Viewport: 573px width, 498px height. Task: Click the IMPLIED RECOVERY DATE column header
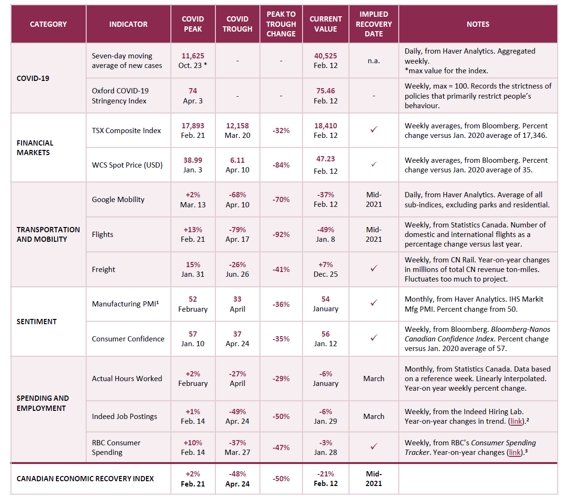tap(373, 24)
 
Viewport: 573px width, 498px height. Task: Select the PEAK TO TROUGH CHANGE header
tap(281, 24)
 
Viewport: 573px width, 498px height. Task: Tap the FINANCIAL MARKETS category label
tap(35, 147)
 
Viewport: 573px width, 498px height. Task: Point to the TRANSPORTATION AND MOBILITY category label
tap(48, 234)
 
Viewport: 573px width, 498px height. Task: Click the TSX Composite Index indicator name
tap(126, 130)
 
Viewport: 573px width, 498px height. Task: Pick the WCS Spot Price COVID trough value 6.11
tap(237, 160)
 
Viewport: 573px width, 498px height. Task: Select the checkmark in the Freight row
tap(374, 269)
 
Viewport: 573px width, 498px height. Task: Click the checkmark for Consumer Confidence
tap(374, 338)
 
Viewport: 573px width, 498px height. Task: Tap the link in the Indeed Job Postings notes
tap(516, 421)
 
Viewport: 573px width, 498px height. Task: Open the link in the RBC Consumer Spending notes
tap(515, 453)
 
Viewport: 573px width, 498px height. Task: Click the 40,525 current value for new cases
tap(326, 56)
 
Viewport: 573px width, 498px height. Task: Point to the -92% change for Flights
tap(281, 234)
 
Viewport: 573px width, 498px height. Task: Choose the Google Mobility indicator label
tap(118, 199)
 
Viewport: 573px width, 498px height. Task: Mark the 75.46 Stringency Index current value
tap(326, 91)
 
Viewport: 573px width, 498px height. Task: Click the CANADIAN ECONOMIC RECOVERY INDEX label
tap(85, 478)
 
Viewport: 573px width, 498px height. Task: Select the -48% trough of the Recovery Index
tap(237, 474)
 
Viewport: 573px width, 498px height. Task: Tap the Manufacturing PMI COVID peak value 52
tap(193, 299)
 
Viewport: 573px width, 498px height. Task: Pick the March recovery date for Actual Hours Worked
tap(373, 378)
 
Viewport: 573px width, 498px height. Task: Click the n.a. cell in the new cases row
tap(373, 61)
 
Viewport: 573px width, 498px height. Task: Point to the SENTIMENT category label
tap(36, 321)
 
